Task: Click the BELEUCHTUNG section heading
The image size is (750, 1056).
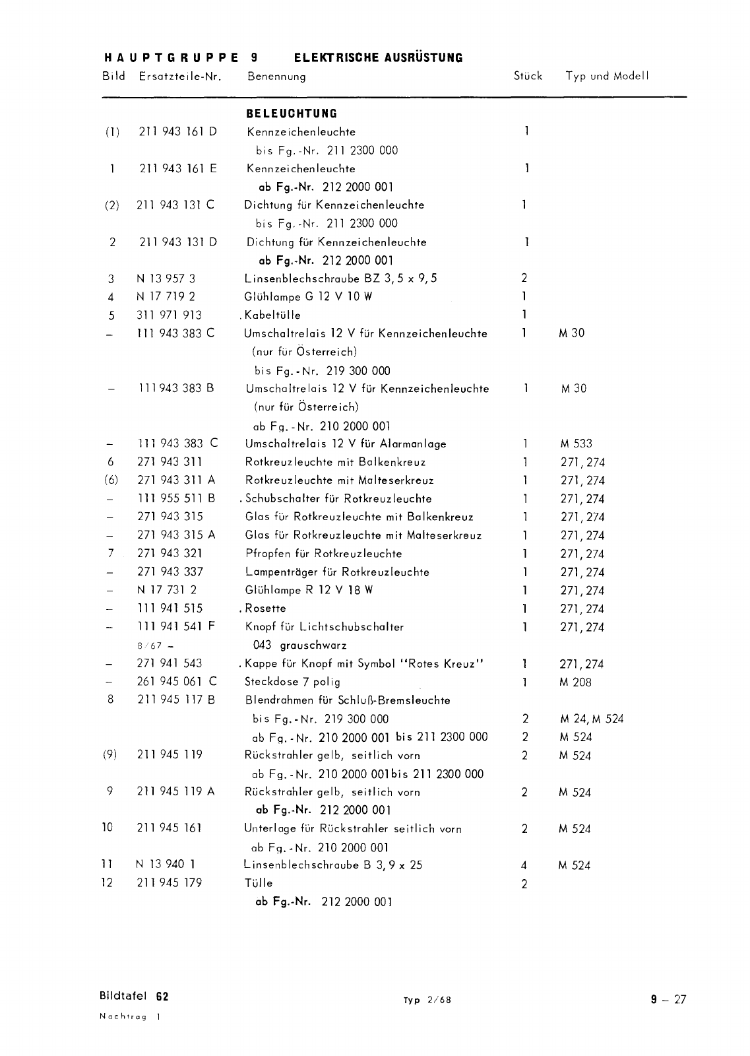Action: pos(291,114)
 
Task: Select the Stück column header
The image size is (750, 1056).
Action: pos(528,76)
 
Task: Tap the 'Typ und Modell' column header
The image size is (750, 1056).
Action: pos(607,76)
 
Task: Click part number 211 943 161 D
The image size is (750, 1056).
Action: pos(177,131)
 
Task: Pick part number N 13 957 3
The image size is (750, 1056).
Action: pos(166,279)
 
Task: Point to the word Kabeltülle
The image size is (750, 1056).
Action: pos(272,315)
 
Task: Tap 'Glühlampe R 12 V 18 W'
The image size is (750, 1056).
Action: pos(309,590)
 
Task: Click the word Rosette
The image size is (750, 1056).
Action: pos(265,609)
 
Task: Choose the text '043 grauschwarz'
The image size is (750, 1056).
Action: pos(299,645)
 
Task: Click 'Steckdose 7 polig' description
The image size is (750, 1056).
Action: pos(292,682)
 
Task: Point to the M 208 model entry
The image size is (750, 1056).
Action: pos(575,682)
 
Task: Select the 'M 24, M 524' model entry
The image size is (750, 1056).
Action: pos(591,719)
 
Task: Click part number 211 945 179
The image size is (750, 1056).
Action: pos(170,883)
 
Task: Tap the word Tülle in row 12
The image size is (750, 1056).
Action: pos(259,883)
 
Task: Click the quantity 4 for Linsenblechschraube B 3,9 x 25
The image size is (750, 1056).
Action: pos(524,866)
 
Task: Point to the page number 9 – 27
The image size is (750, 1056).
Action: pos(668,999)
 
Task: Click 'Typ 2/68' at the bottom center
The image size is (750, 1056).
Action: pos(427,1000)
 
